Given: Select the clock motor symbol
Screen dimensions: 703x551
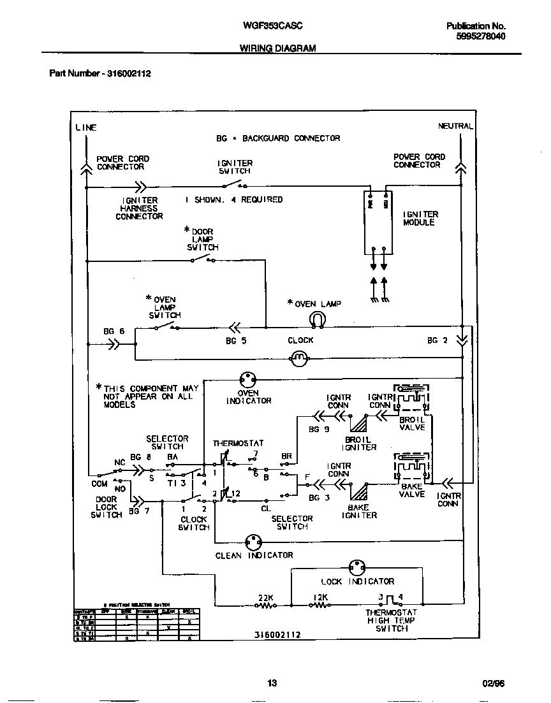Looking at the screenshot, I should coord(300,359).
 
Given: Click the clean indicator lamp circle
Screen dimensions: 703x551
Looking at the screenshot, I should coord(254,542).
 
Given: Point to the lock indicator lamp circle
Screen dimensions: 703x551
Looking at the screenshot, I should coord(357,569).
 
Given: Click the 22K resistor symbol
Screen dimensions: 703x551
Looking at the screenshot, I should coord(265,606).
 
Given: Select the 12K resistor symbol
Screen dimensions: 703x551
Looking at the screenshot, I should coord(321,606).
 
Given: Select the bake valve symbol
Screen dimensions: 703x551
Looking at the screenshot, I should coord(411,468).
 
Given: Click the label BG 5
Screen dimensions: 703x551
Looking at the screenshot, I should coord(236,341).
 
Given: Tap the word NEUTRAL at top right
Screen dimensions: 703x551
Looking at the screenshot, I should coord(455,126).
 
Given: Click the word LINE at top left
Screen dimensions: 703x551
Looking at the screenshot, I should coord(86,127).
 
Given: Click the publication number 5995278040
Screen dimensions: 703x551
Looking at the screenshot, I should coord(481,36).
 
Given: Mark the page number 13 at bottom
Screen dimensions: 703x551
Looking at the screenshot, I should coord(272,683).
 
